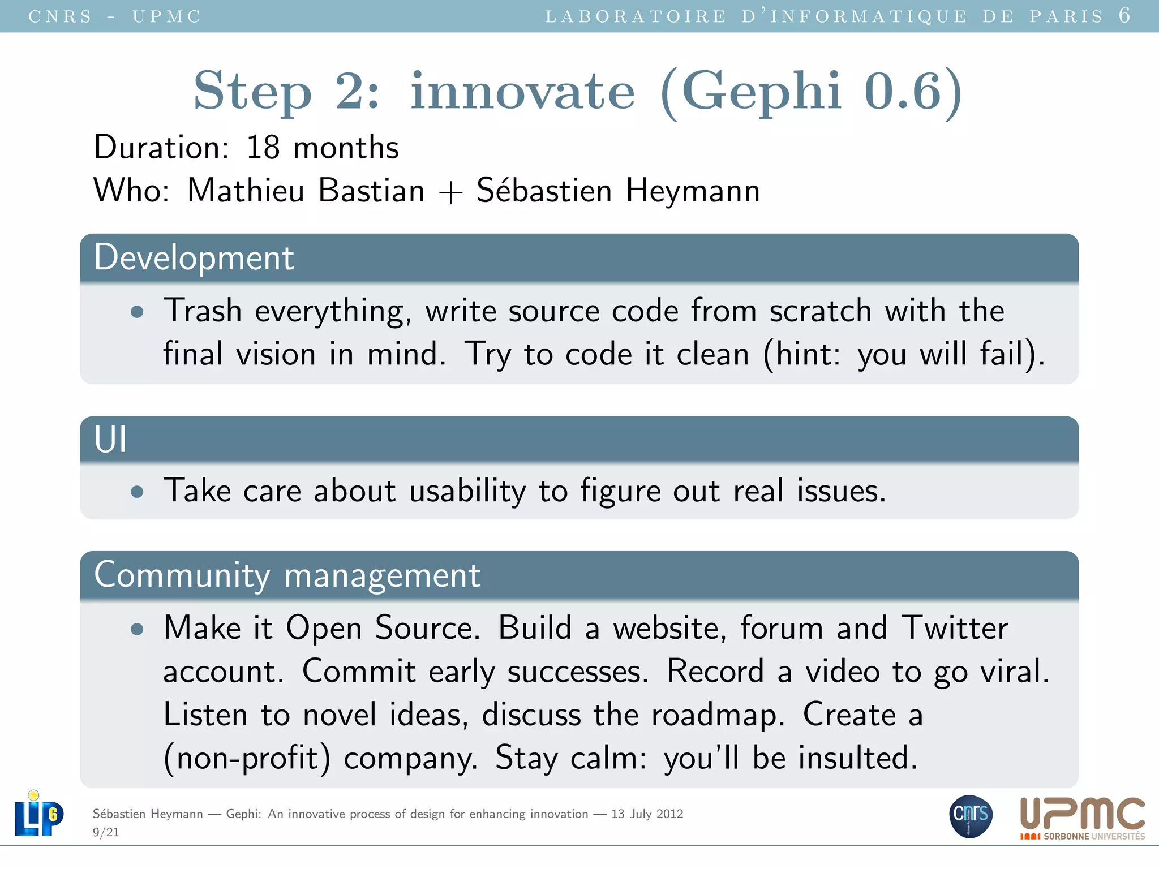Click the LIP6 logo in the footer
[38, 815]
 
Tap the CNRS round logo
[971, 816]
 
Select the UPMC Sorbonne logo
[1082, 818]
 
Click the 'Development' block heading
[194, 258]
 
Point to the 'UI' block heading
[110, 440]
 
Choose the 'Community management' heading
[287, 575]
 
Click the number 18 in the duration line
[263, 148]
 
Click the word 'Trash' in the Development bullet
[203, 311]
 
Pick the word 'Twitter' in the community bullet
[954, 628]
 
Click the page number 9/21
[106, 832]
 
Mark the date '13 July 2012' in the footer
[647, 814]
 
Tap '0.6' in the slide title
[902, 91]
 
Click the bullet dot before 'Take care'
[137, 492]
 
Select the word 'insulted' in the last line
[853, 758]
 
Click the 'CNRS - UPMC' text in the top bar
[115, 16]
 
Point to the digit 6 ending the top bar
[1124, 15]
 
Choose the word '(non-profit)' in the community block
[247, 758]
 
